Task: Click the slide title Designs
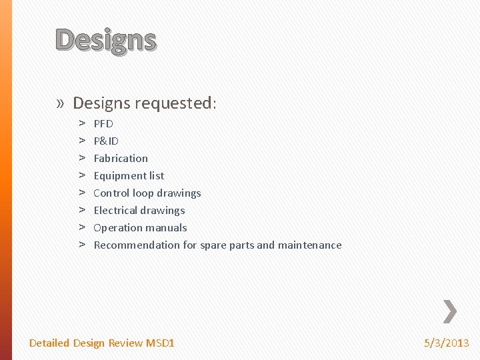(x=106, y=41)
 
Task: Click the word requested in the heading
(x=175, y=103)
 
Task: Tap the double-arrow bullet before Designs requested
(x=61, y=103)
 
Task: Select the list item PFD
(x=103, y=123)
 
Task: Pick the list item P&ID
(x=106, y=141)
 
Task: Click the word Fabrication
(x=121, y=158)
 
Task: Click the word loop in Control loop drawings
(x=143, y=193)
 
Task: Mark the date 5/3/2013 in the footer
(x=447, y=343)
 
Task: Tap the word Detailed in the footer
(x=49, y=343)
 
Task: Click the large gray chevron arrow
(x=450, y=310)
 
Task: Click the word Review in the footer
(x=125, y=343)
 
